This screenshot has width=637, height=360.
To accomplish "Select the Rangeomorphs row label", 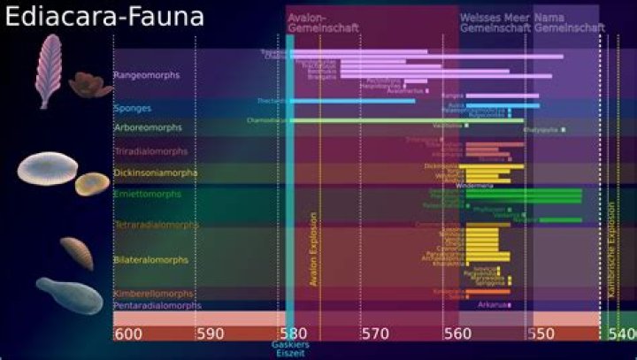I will tap(147, 75).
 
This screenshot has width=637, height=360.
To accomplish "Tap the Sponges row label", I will tap(133, 109).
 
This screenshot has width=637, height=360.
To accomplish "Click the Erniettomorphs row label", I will tap(148, 194).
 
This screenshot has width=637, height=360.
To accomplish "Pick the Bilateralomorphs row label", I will tap(151, 260).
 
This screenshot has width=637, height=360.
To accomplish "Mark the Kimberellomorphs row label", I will tap(154, 294).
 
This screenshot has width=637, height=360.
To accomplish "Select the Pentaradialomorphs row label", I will tap(157, 306).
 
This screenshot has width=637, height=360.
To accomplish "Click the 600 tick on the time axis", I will tap(129, 334).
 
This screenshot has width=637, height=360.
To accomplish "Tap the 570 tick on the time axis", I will tap(375, 334).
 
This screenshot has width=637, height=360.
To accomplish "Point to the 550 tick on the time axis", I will tap(541, 334).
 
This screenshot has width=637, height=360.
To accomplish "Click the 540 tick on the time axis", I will tap(622, 334).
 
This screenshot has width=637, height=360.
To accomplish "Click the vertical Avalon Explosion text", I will tap(312, 248).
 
